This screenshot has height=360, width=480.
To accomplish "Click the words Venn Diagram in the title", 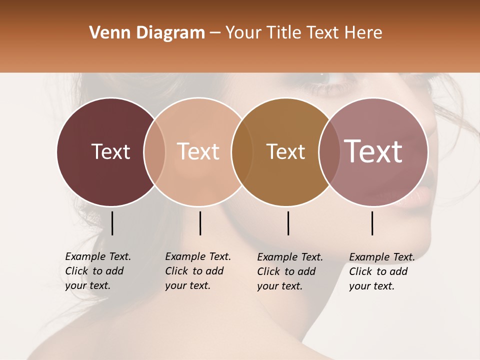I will (x=147, y=33).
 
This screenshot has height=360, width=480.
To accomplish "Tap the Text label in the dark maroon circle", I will (x=110, y=151).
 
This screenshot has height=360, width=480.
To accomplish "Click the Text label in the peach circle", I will (x=198, y=151).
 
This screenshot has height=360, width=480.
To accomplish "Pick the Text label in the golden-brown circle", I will (x=285, y=151).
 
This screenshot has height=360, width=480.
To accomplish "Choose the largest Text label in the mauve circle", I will (x=373, y=151).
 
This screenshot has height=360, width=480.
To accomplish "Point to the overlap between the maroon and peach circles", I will (x=154, y=152).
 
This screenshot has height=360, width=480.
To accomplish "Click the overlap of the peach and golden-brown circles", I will (x=242, y=152).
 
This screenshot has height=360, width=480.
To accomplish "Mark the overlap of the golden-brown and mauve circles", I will (x=329, y=152).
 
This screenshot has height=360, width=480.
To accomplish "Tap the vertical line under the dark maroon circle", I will (x=112, y=223).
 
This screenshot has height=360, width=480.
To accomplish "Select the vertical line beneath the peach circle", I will (x=200, y=223).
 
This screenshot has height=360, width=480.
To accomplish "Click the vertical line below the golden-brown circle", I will (x=288, y=223).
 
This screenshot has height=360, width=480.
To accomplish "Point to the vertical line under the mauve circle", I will (x=372, y=223).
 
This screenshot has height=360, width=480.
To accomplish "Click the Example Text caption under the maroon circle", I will (x=97, y=271).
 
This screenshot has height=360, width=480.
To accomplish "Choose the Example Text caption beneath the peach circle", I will (x=197, y=271).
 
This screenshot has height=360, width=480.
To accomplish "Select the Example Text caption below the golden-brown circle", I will (x=289, y=271).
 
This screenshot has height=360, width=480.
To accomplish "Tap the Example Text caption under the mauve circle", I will (x=381, y=271).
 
